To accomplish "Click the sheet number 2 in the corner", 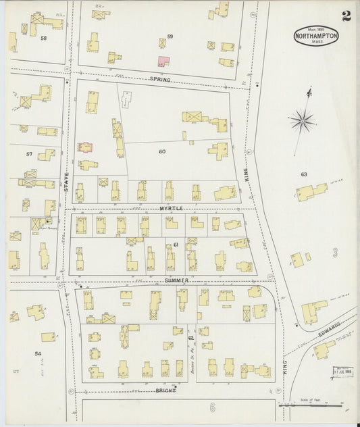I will (x=345, y=16).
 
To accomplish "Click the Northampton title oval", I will (x=316, y=36).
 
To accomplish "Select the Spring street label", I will (x=161, y=80).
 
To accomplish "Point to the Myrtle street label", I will (x=172, y=209).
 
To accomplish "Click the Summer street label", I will (x=176, y=280).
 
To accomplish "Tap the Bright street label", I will (x=165, y=391).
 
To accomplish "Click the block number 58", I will (x=43, y=39).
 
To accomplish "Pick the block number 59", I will (x=170, y=36).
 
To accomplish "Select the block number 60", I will (x=162, y=151).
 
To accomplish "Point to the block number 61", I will (x=176, y=244).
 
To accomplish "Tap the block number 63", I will (x=304, y=174).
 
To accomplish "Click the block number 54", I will (x=38, y=353).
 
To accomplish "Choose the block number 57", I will (x=29, y=154).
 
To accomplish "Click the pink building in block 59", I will (x=163, y=61).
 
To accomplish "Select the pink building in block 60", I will (x=85, y=147).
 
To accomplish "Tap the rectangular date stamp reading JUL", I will (x=342, y=372).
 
